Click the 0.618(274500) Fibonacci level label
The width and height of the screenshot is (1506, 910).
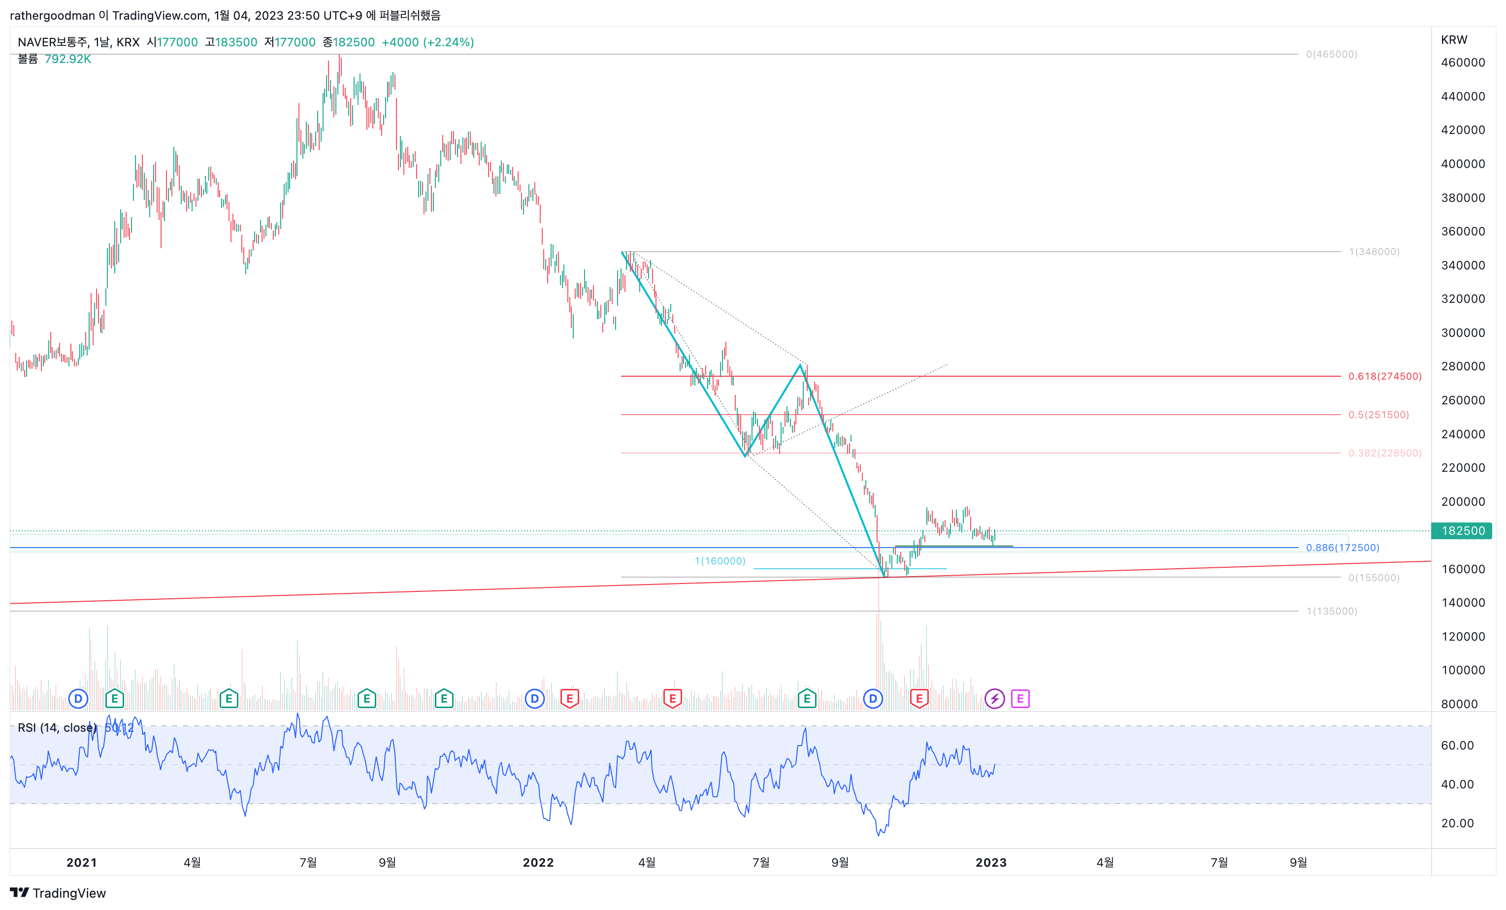point(1384,377)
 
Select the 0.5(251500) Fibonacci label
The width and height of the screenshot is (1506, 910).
point(1378,415)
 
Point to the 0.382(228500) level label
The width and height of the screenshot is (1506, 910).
point(1384,454)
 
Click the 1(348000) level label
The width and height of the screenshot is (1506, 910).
point(1374,252)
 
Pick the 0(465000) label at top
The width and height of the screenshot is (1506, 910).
point(1331,54)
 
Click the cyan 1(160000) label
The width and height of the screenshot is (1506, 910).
point(720,561)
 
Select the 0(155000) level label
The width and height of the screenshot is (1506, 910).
point(1374,578)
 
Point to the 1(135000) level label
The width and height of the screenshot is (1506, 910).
point(1332,611)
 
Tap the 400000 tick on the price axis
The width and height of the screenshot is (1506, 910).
point(1463,164)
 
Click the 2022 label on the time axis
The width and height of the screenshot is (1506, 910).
point(538,862)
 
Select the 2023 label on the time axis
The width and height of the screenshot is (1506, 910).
point(991,862)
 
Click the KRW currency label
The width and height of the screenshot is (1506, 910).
point(1454,40)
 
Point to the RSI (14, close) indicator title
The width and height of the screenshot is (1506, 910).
point(57,728)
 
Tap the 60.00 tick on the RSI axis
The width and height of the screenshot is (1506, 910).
point(1457,746)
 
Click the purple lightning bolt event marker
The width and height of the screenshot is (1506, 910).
point(994,699)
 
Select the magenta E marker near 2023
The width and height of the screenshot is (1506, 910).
point(1020,699)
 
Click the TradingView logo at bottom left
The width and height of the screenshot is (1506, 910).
point(58,893)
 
